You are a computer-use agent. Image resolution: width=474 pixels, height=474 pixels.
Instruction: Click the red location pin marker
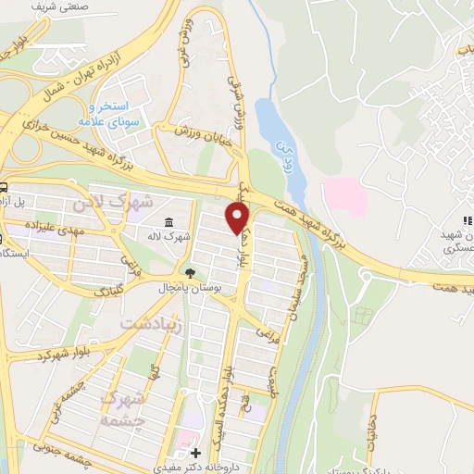click(239, 217)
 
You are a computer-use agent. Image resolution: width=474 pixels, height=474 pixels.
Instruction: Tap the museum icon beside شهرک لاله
click(168, 222)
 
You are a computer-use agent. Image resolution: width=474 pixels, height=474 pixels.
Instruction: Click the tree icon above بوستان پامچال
click(190, 273)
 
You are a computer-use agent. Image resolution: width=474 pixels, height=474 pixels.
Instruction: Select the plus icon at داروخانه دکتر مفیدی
click(194, 454)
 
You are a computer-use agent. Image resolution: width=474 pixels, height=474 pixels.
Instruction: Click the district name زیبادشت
click(154, 323)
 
